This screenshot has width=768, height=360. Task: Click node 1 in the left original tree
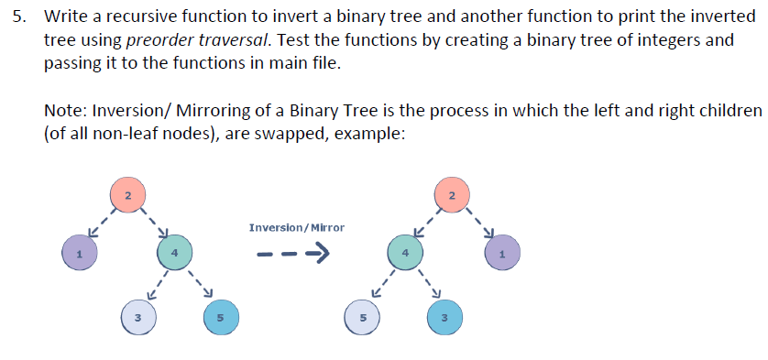(x=80, y=253)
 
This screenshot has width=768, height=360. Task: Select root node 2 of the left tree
(x=127, y=195)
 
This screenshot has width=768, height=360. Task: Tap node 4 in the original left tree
(x=174, y=253)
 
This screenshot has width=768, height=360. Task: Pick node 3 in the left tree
(x=138, y=317)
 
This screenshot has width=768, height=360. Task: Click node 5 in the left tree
(x=222, y=317)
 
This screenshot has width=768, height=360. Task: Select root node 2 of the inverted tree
(x=452, y=195)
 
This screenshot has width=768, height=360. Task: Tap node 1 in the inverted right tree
(x=502, y=253)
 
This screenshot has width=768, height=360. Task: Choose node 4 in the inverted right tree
(x=405, y=253)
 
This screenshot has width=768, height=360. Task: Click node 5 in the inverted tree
(x=362, y=317)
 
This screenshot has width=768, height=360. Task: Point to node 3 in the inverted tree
(x=444, y=317)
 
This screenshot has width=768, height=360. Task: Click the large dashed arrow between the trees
(x=293, y=254)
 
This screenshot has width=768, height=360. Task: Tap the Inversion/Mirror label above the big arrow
(x=297, y=228)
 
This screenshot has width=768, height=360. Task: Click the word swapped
(x=292, y=134)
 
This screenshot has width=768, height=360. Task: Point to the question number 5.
(x=18, y=17)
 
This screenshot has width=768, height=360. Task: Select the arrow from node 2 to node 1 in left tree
(x=102, y=223)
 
